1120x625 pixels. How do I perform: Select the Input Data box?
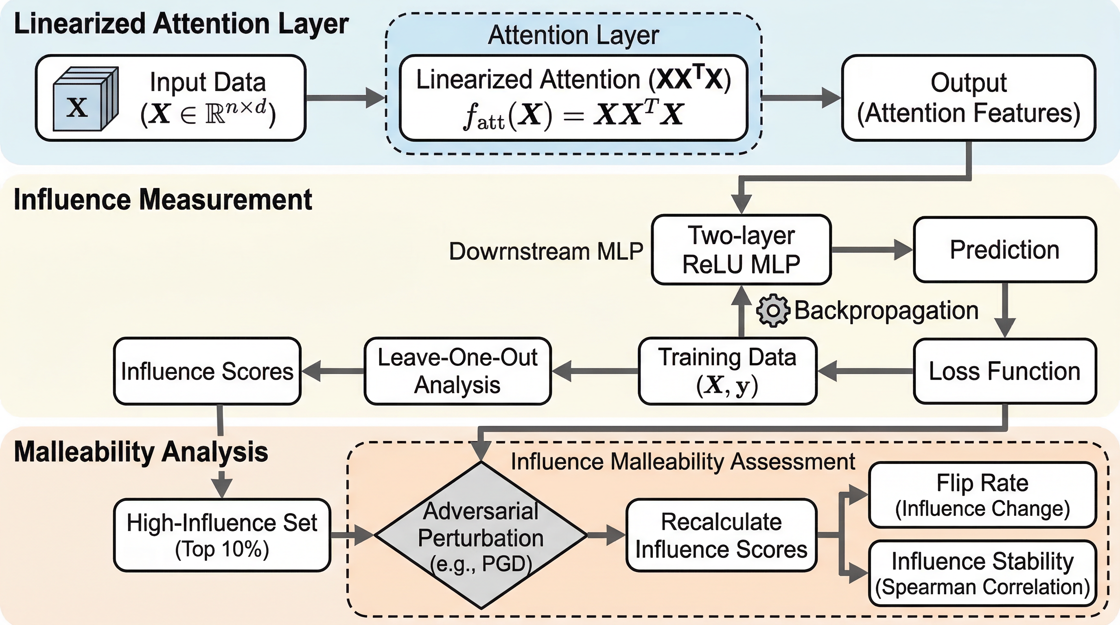point(171,98)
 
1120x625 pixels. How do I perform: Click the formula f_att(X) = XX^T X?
point(573,115)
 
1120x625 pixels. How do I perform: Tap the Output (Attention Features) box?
point(968,98)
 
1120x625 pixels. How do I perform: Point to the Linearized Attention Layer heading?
point(181,24)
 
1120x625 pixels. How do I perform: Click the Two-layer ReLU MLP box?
point(741,250)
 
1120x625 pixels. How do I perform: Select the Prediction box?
point(1004,250)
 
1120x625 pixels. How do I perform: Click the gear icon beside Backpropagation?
point(772,310)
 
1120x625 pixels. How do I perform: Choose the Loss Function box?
point(1004,371)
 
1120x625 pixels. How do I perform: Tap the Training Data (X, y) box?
point(727,371)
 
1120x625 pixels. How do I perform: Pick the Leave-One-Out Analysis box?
point(457,371)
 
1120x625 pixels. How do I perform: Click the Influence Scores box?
point(207,371)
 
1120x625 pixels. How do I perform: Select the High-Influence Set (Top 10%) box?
point(222,535)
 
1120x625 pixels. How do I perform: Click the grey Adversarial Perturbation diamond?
point(481,535)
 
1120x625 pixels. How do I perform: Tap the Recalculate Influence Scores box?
point(721,535)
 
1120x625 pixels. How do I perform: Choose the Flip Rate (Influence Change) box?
point(982,495)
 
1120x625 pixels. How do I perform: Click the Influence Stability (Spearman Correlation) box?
point(982,573)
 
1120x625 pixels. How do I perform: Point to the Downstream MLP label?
point(546,251)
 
